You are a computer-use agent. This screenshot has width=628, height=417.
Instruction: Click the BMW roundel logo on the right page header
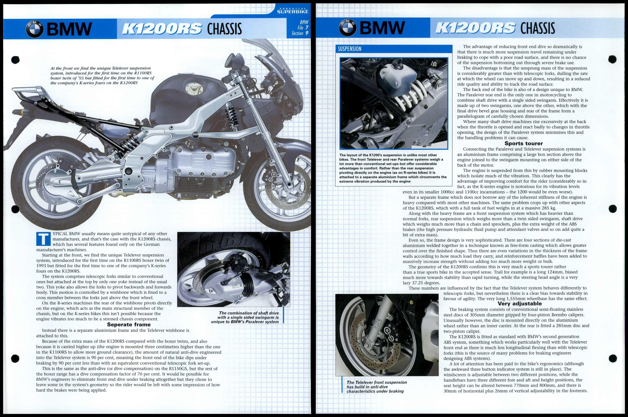348,28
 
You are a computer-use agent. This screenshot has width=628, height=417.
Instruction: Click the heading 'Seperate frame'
129,325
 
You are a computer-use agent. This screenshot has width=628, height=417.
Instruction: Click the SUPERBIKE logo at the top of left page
293,12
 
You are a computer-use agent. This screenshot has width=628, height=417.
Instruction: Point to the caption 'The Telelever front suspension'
376,382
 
